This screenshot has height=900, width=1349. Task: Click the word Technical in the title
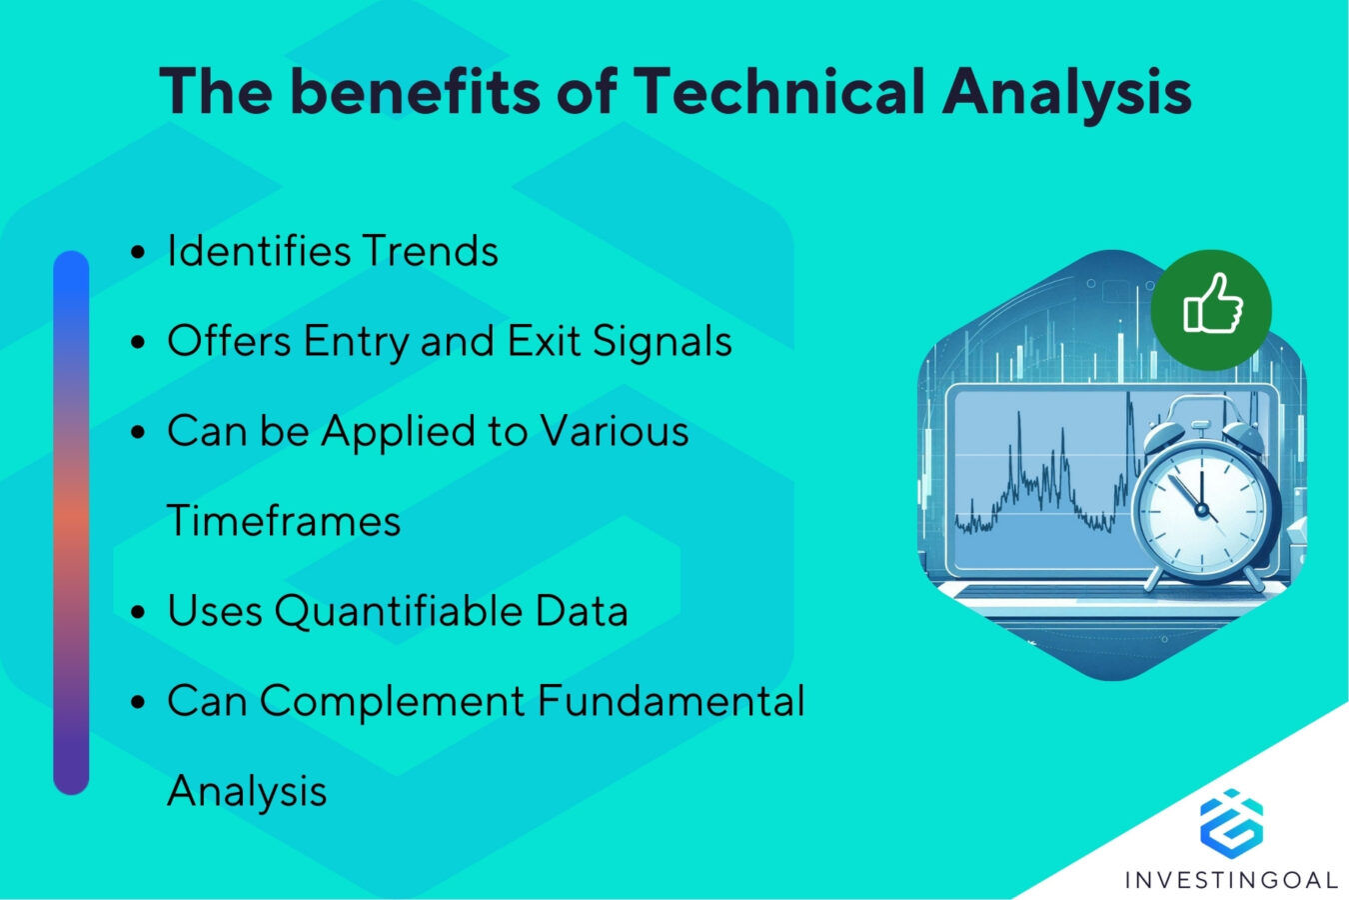[x=778, y=92]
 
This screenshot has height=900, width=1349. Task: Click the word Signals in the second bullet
[x=663, y=342]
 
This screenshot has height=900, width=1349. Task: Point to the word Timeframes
[x=284, y=521]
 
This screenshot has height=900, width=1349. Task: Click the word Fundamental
[x=671, y=701]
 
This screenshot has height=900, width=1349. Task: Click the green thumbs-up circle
[x=1211, y=309]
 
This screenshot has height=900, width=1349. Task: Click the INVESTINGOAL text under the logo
[x=1231, y=880]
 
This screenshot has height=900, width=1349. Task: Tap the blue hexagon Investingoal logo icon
[x=1231, y=823]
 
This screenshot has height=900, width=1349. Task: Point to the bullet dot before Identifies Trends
[x=139, y=252]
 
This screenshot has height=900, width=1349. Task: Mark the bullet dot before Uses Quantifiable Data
[x=139, y=612]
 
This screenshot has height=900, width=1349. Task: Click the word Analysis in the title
[x=1066, y=92]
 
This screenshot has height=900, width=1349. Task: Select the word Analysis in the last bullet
[x=247, y=792]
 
